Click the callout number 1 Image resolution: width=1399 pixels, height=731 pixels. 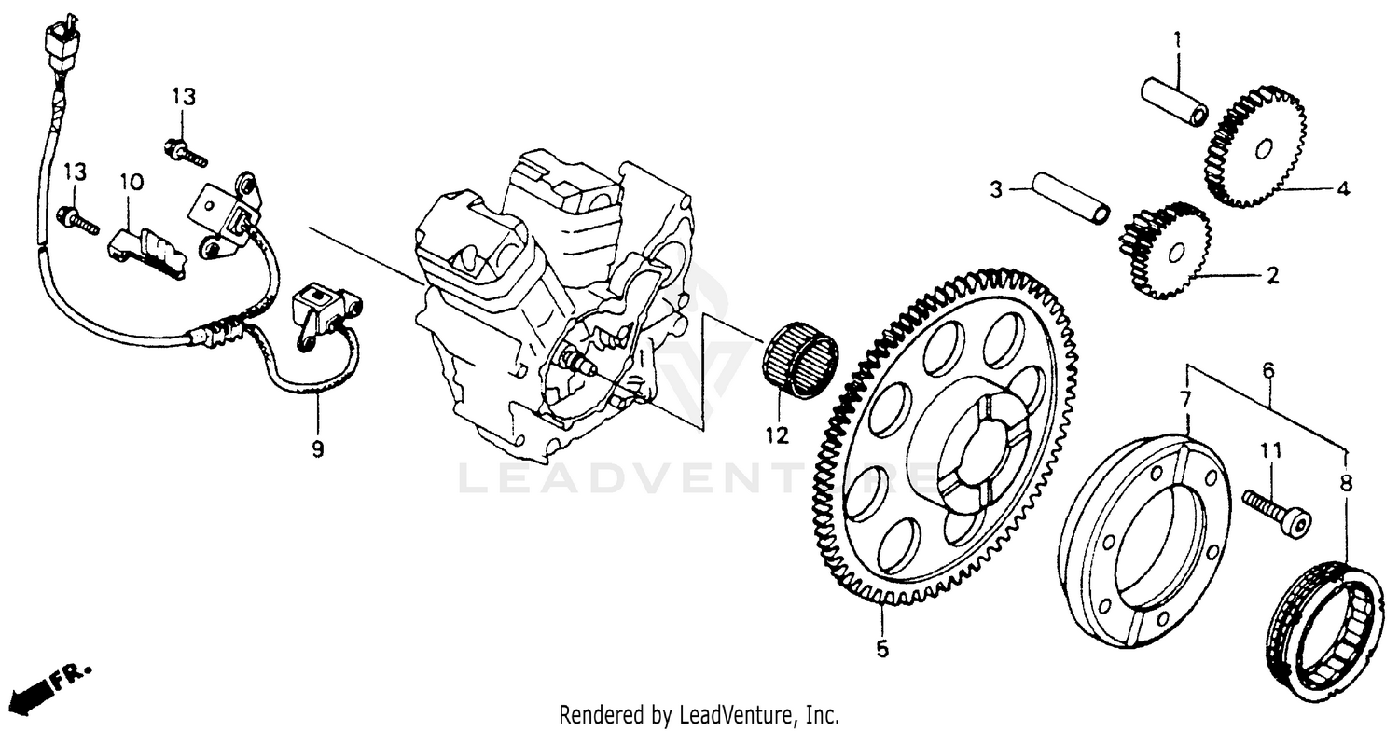[x=1177, y=40]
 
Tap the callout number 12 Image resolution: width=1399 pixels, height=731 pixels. [x=777, y=434]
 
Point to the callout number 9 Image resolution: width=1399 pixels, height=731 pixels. [x=318, y=449]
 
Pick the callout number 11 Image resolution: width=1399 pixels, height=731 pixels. [x=1271, y=451]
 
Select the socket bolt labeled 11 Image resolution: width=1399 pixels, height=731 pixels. [x=1276, y=510]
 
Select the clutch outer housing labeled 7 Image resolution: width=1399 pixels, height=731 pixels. [x=1143, y=542]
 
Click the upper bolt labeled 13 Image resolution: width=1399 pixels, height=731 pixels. [x=186, y=153]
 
